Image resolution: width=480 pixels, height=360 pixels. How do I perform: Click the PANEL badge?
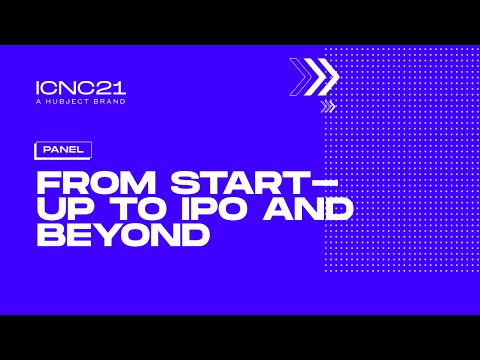[62, 150]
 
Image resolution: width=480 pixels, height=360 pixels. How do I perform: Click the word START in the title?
[226, 184]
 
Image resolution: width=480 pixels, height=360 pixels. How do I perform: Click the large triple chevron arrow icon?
[314, 75]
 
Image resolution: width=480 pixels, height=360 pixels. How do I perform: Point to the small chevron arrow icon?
[328, 105]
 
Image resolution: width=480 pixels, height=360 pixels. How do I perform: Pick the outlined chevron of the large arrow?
[299, 75]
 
